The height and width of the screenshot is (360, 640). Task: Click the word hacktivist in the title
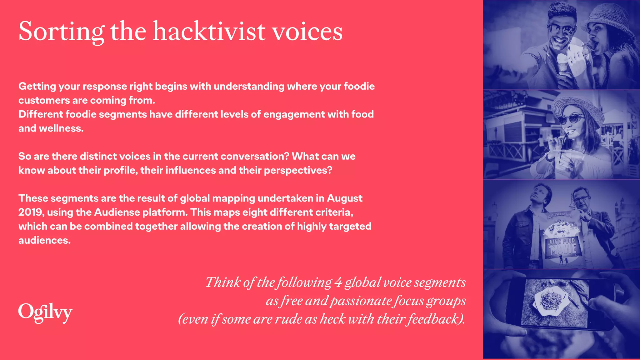click(209, 31)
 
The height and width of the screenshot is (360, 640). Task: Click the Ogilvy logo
click(45, 312)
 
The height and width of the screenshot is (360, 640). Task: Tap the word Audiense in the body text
click(117, 212)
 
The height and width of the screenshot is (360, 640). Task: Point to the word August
click(344, 198)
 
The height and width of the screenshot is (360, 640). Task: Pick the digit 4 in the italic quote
click(338, 282)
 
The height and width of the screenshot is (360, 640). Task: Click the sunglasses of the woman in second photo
click(572, 119)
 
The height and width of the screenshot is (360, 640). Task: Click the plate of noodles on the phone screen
click(550, 300)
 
